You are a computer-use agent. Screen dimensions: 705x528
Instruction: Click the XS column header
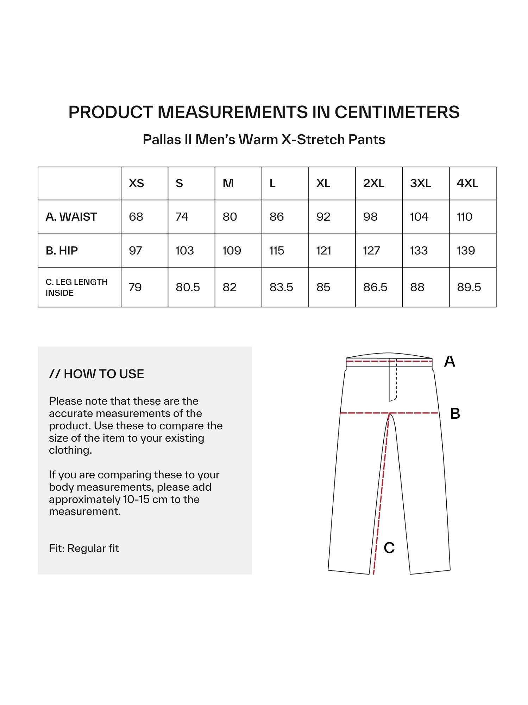136,183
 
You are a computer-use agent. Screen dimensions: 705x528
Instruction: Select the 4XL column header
467,183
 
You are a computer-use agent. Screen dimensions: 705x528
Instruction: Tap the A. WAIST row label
71,217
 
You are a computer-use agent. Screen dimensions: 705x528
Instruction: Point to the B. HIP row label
62,251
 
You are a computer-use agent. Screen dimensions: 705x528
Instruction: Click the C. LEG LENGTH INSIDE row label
76,287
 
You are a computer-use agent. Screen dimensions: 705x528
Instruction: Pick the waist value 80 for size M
230,217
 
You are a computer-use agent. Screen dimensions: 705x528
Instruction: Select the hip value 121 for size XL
323,251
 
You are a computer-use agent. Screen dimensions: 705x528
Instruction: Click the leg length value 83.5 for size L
281,287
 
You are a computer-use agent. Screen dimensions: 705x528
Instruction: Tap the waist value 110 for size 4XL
464,217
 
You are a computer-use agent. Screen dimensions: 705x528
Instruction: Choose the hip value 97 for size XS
135,251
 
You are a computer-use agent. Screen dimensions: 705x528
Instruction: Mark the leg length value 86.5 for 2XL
375,287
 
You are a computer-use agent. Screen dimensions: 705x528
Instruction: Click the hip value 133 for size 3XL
419,251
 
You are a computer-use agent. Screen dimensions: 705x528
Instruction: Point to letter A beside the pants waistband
450,361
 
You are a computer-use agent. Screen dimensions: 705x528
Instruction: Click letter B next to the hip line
455,413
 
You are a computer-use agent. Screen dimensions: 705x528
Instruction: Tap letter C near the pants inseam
389,547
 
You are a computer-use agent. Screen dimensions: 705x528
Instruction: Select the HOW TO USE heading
96,374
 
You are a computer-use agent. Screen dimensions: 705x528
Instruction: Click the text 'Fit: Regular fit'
84,548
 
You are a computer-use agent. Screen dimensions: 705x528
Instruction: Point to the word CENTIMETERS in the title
397,112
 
